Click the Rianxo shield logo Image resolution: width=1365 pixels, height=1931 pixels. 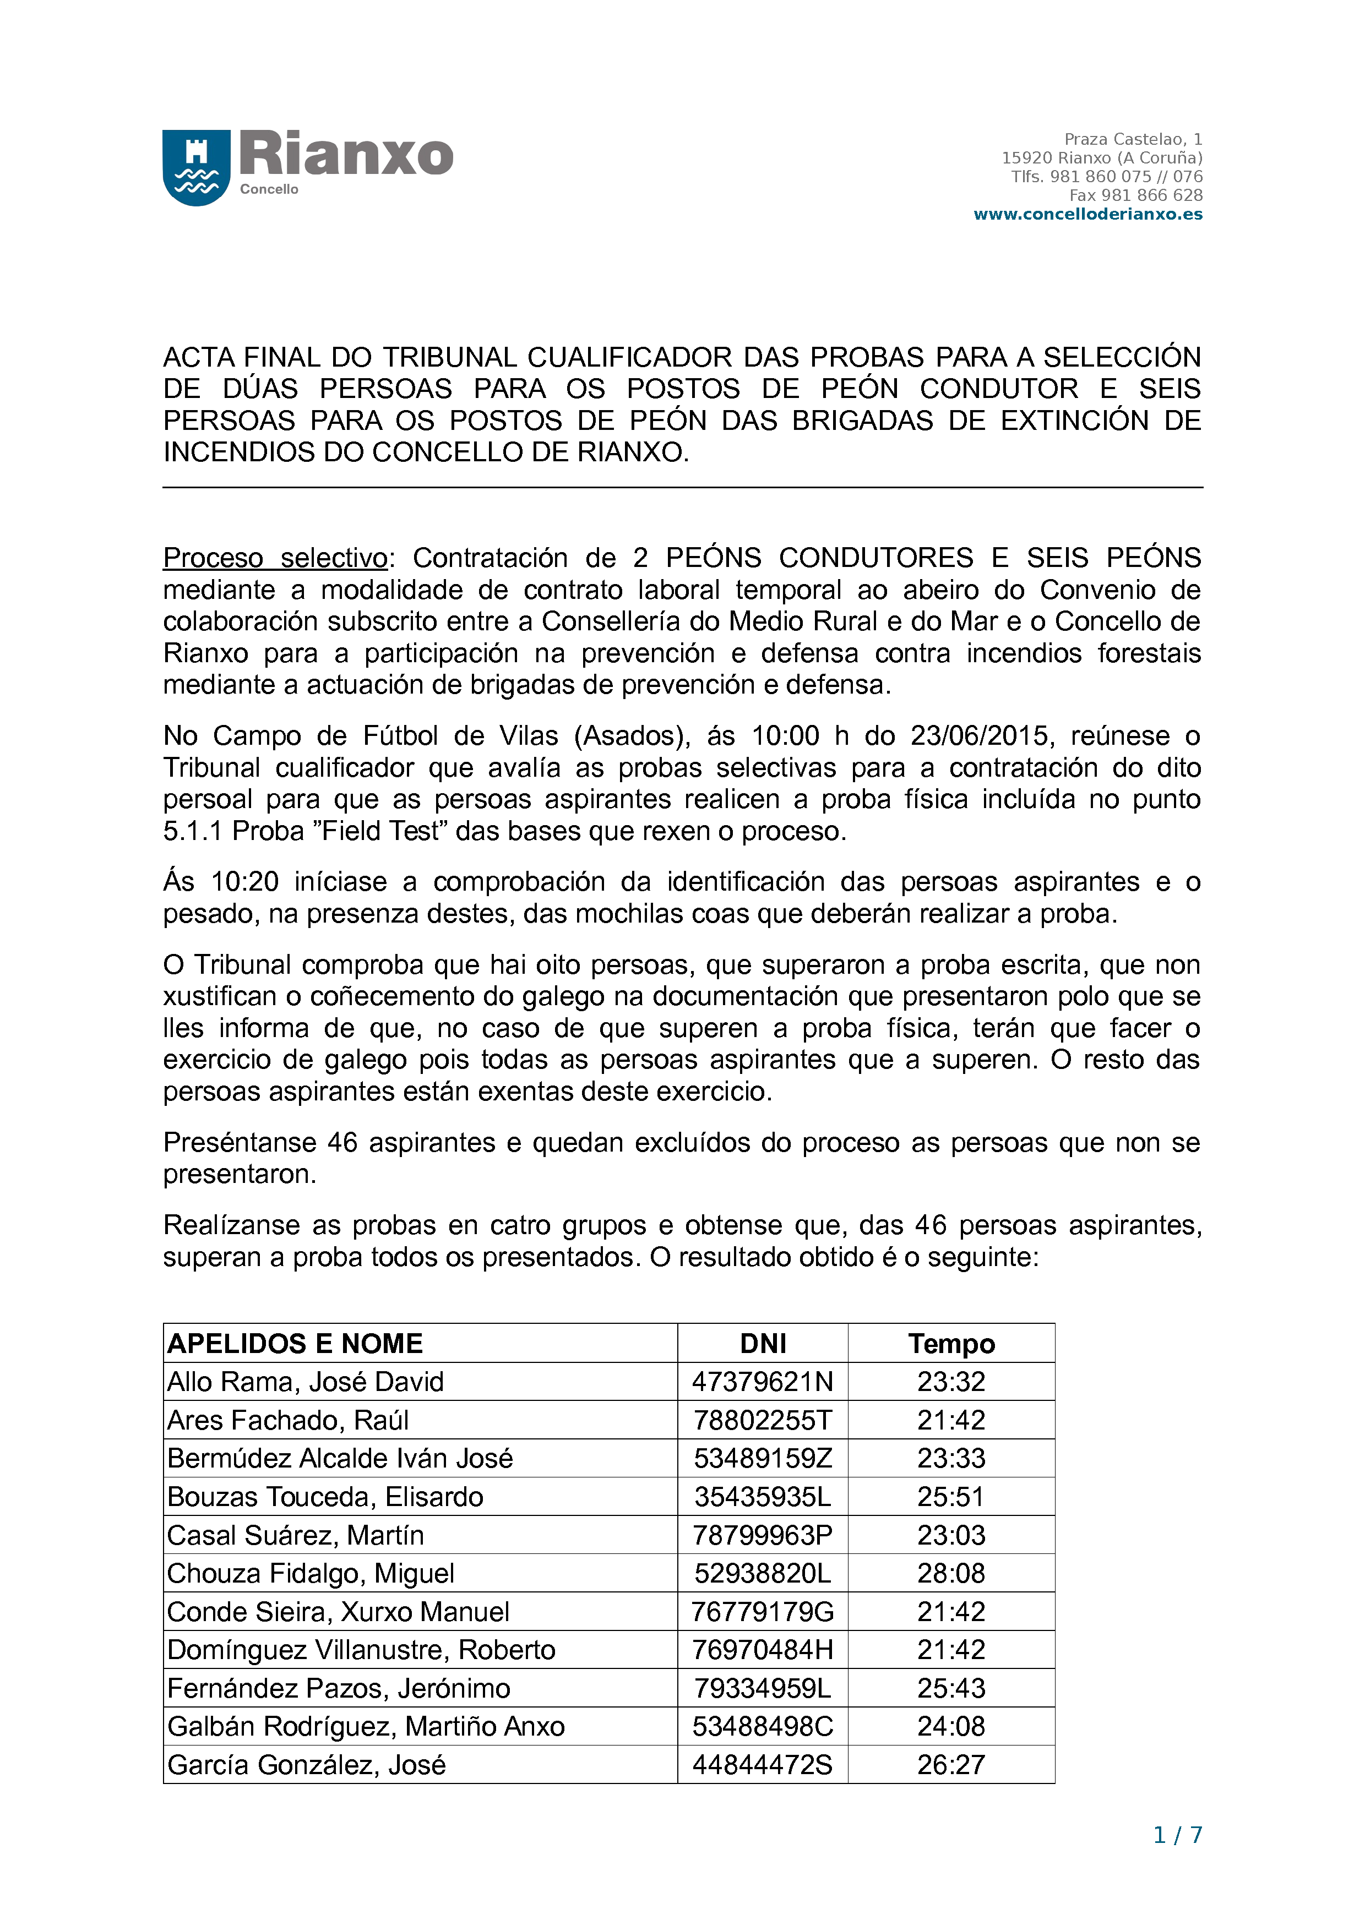tap(196, 167)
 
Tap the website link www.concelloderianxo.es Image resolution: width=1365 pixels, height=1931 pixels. tap(1087, 215)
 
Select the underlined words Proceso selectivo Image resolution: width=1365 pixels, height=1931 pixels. tap(275, 558)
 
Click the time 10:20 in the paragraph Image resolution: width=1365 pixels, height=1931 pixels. tap(244, 881)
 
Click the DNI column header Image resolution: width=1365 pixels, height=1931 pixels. tap(762, 1343)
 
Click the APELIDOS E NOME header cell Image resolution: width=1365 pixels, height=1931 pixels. tap(295, 1343)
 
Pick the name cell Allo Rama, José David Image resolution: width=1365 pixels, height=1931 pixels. tap(305, 1382)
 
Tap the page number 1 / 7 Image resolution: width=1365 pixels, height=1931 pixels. tap(1177, 1835)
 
